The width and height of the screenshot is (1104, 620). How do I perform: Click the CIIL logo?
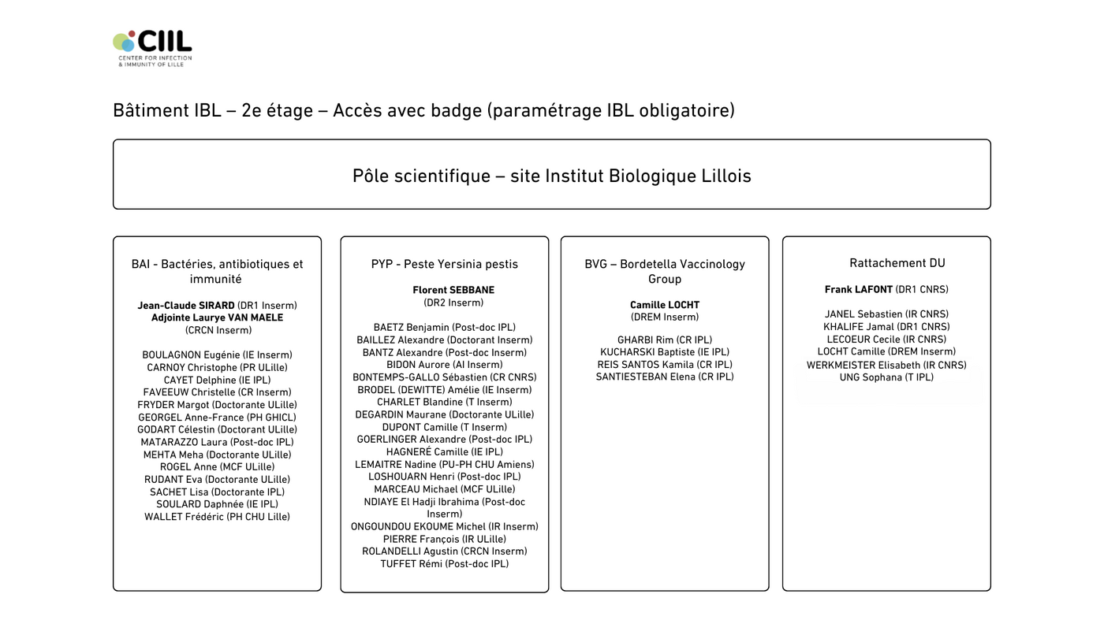tap(152, 47)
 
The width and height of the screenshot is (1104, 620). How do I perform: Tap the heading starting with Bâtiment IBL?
tap(423, 110)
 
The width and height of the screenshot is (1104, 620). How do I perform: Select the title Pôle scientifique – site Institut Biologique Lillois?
tap(551, 176)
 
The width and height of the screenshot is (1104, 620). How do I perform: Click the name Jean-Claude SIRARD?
tap(186, 305)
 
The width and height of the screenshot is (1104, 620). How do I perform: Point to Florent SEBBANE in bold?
tap(453, 290)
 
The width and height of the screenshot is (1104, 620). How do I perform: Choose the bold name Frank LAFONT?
tap(859, 289)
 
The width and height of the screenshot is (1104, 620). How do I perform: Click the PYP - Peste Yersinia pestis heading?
tap(445, 264)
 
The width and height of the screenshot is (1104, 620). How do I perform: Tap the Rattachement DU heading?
tap(897, 263)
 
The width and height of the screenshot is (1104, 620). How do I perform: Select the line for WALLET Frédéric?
tap(217, 517)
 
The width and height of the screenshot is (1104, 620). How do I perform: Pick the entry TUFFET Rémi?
tap(445, 563)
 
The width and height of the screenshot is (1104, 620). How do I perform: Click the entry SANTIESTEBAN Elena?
tap(664, 377)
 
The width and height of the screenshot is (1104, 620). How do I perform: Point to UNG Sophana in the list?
tap(886, 377)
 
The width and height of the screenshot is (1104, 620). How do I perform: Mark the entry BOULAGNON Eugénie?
tap(217, 355)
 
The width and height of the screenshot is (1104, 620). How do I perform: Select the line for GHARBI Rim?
tap(664, 340)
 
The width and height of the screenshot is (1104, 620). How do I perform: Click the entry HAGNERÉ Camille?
tap(445, 451)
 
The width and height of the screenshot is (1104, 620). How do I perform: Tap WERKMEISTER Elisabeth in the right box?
tap(886, 365)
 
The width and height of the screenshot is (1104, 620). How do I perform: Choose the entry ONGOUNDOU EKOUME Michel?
tap(445, 526)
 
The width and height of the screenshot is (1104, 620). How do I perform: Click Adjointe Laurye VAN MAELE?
tap(217, 317)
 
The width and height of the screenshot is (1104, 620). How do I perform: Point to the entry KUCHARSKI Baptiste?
tap(664, 352)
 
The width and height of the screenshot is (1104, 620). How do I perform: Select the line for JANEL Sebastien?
tap(886, 314)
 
